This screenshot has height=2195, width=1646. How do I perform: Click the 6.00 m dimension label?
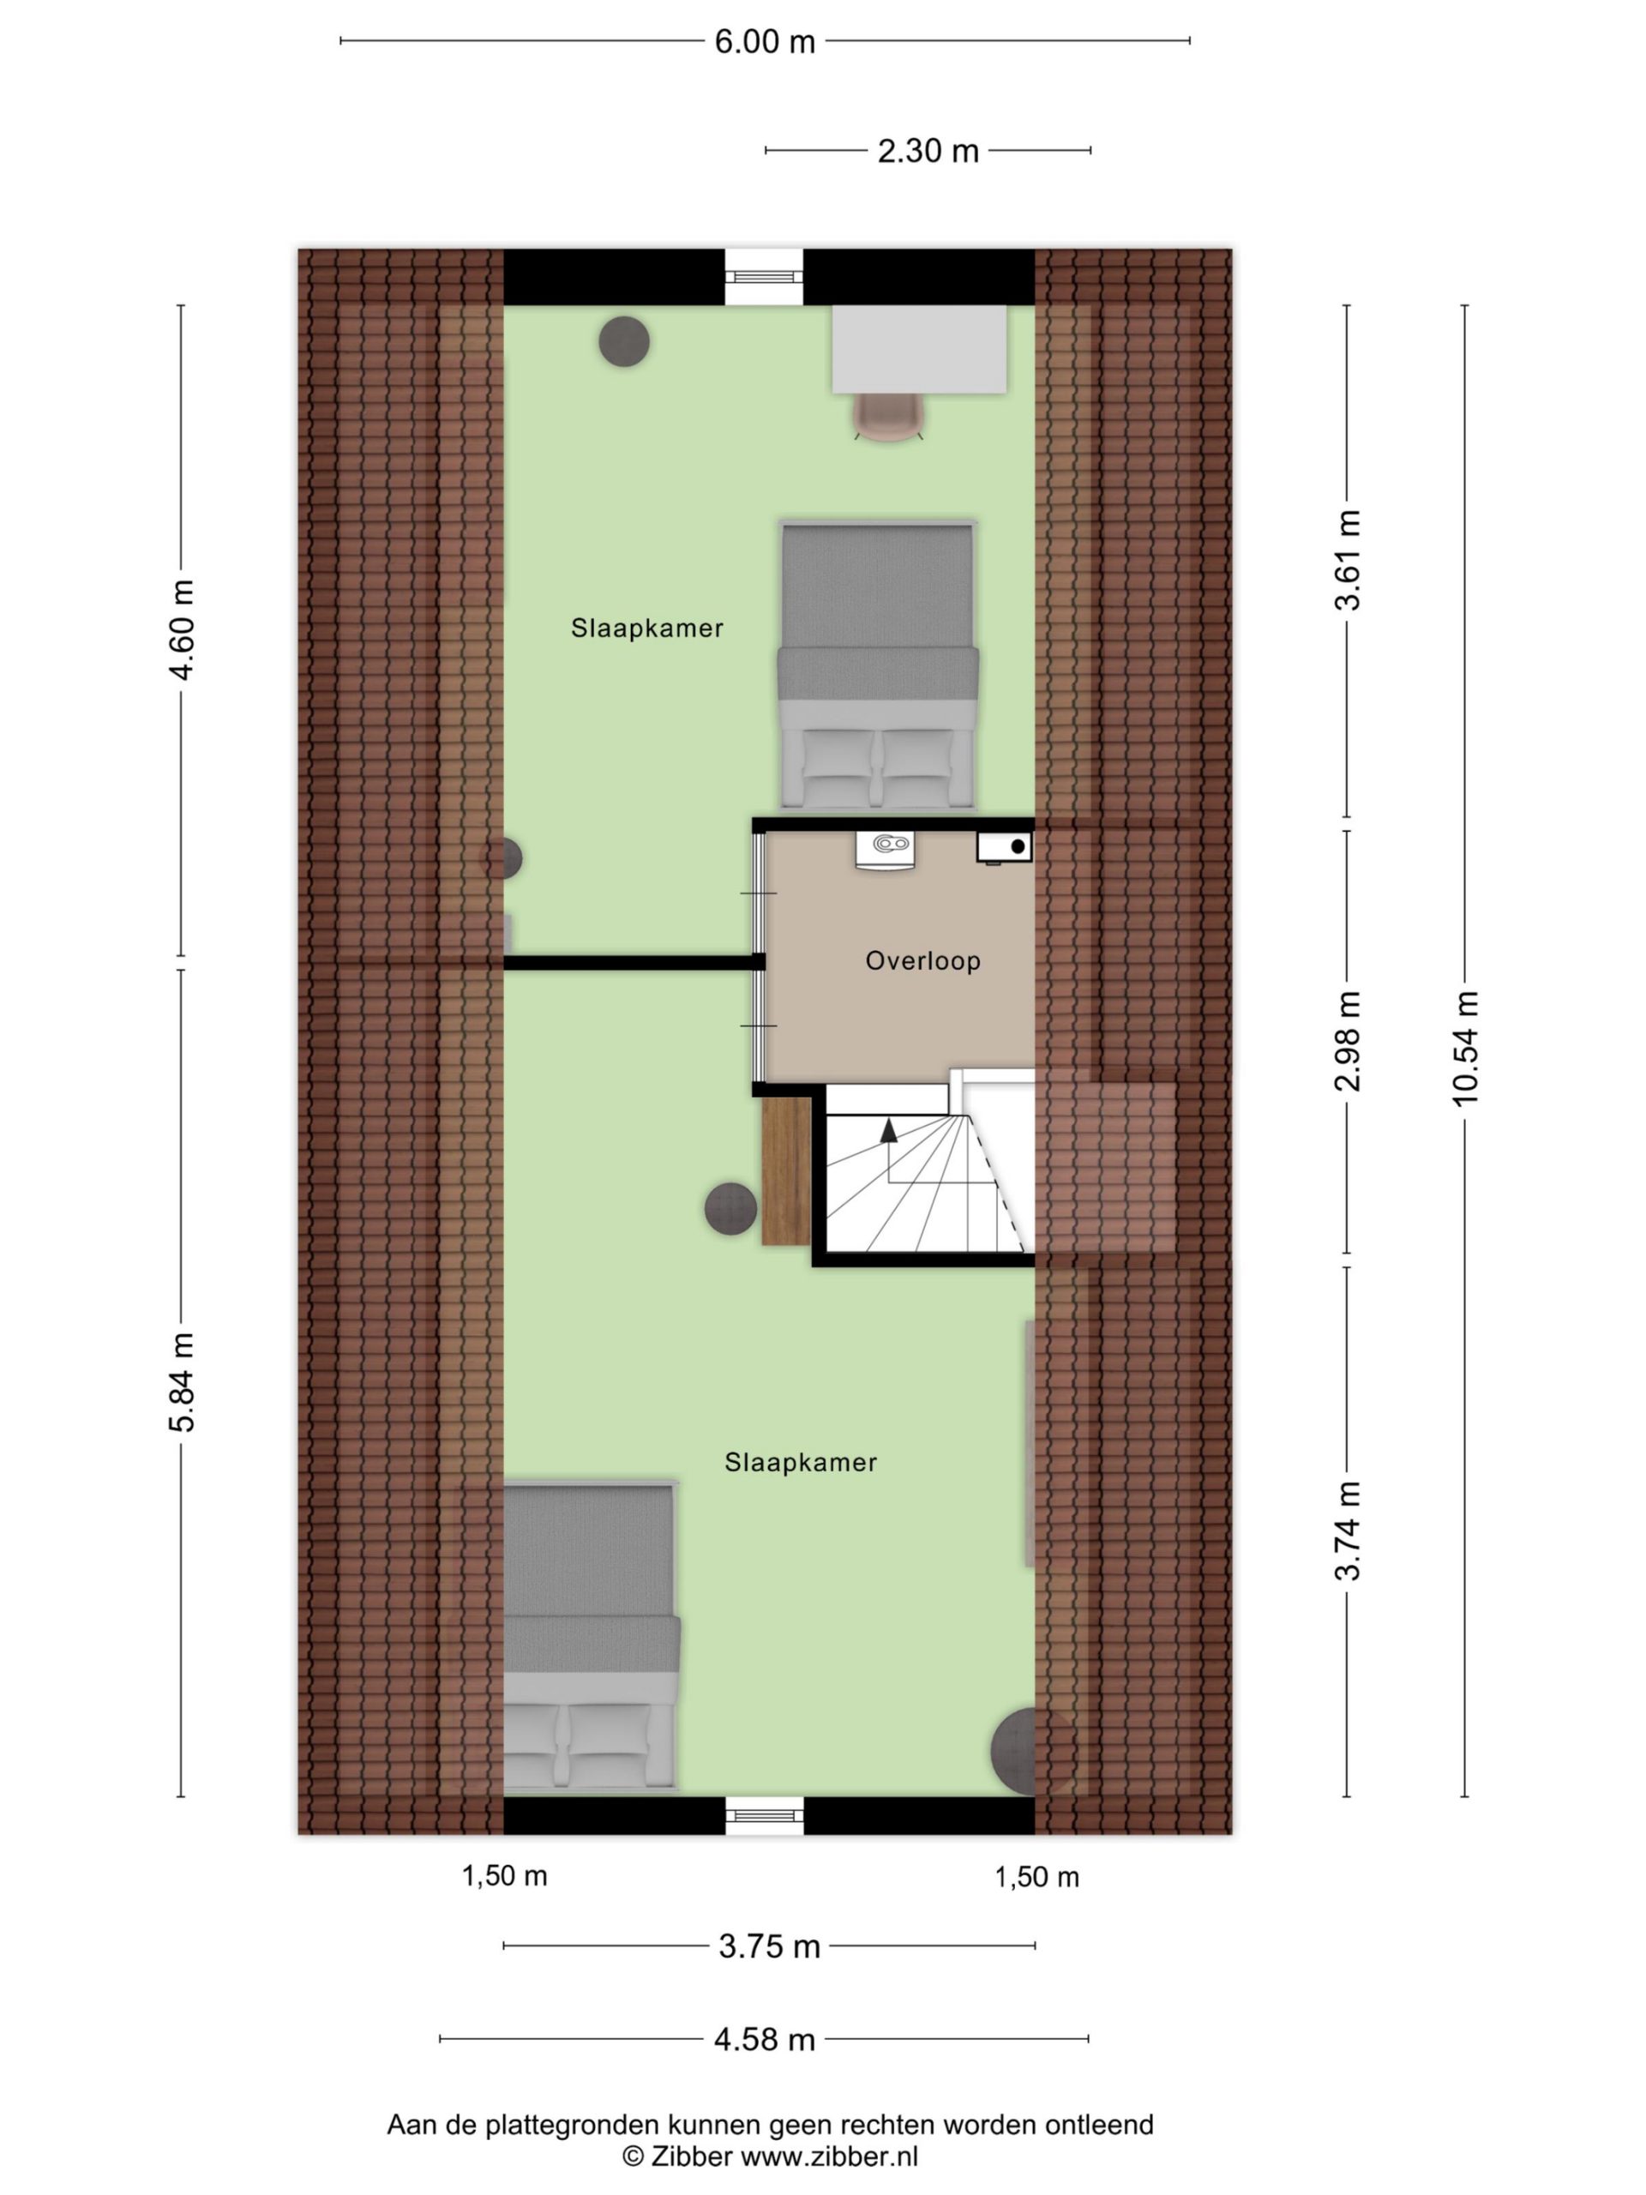coord(764,42)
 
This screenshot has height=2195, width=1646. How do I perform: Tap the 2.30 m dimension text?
coord(928,151)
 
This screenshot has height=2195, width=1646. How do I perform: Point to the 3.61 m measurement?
coord(1348,560)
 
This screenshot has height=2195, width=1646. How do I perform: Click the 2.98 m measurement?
coord(1348,1041)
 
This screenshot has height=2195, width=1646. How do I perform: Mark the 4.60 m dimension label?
coord(182,629)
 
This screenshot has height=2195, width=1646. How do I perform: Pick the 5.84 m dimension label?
coord(182,1383)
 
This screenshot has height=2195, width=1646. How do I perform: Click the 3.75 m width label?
coord(769,1947)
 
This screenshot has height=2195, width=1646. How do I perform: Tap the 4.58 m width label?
coord(764,2039)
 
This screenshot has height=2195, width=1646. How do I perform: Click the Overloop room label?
coord(922,960)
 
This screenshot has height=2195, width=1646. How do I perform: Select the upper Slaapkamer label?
coord(647,628)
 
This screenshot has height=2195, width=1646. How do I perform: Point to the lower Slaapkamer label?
coord(801,1463)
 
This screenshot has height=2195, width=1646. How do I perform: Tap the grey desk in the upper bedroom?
coord(919,349)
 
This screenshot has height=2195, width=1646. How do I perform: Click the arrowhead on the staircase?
coord(888,1129)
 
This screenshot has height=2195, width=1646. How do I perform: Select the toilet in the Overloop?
coord(885,851)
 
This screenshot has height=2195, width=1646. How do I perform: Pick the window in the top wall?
coord(763,277)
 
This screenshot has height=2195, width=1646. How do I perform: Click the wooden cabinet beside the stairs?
coord(786,1172)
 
